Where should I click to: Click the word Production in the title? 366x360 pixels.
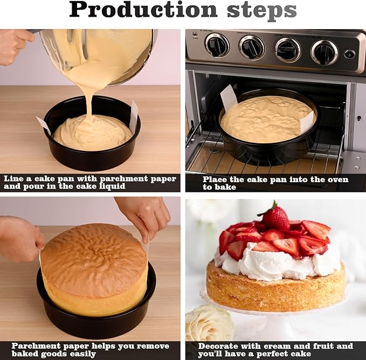(143, 10)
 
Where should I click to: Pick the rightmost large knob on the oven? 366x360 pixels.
(324, 52)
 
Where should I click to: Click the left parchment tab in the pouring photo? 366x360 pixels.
(44, 126)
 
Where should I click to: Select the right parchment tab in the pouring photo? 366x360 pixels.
(133, 117)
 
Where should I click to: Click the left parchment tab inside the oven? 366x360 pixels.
(229, 98)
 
